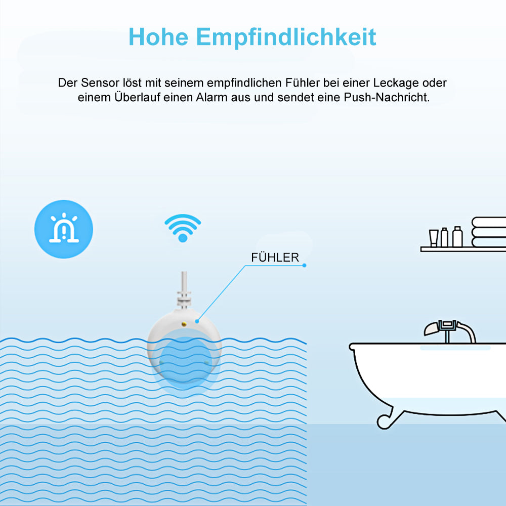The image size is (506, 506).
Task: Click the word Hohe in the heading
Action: click(x=158, y=37)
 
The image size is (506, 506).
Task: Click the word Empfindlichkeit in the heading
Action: click(x=286, y=37)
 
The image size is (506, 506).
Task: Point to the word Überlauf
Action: click(x=137, y=97)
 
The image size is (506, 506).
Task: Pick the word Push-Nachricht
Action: click(x=387, y=97)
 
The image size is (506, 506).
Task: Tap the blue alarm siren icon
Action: click(x=64, y=229)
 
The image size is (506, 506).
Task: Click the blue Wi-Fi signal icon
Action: click(x=183, y=227)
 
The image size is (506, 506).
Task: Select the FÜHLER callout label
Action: click(x=275, y=258)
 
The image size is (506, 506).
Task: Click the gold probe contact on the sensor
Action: click(x=184, y=324)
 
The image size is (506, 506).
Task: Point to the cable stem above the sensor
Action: click(x=184, y=290)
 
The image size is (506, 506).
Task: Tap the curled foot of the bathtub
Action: click(x=385, y=420)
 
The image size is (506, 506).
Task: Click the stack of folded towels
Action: click(x=489, y=232)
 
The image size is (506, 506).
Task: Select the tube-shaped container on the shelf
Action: click(x=434, y=238)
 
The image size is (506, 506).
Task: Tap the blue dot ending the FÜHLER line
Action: click(x=304, y=266)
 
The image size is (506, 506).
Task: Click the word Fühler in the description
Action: click(x=303, y=83)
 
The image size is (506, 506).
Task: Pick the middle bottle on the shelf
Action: click(x=444, y=237)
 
